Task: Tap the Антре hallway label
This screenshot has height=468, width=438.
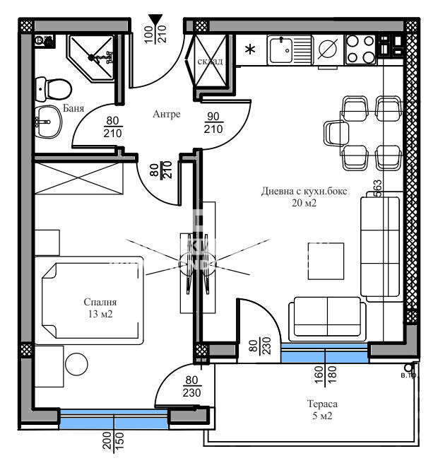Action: pos(167,114)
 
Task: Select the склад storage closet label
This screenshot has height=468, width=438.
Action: pos(211,62)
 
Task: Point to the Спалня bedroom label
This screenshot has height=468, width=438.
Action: pos(99,300)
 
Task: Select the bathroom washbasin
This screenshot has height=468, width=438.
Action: pos(48,123)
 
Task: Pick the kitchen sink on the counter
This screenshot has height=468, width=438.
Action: pos(290,49)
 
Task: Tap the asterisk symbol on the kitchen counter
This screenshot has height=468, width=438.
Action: pos(249,50)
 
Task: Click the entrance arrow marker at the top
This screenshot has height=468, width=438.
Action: pos(155,21)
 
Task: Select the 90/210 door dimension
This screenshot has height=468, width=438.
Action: pos(213,123)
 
